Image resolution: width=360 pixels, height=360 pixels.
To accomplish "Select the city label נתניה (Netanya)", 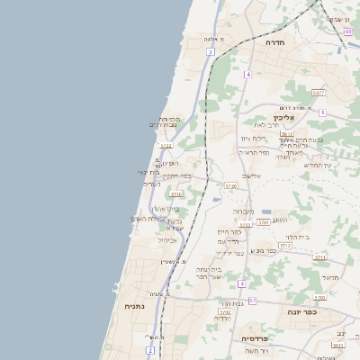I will point(136,306).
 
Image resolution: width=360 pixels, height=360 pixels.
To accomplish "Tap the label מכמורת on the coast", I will point(170,119).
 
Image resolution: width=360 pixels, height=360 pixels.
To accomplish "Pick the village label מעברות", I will point(244,211).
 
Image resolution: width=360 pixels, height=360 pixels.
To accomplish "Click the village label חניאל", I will point(330,278).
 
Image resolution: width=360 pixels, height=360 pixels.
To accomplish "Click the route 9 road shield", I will point(322,112).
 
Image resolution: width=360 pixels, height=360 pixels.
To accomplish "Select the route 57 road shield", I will point(253,301).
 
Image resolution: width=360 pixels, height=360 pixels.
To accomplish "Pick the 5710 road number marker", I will point(177,193).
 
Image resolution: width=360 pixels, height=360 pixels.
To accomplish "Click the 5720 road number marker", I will point(231,186).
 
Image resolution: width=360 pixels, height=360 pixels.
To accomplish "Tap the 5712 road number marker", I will point(285,245).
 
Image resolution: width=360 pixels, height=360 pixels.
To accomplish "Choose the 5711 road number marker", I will point(320,257).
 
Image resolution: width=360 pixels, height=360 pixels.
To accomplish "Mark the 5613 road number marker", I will point(339,346).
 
